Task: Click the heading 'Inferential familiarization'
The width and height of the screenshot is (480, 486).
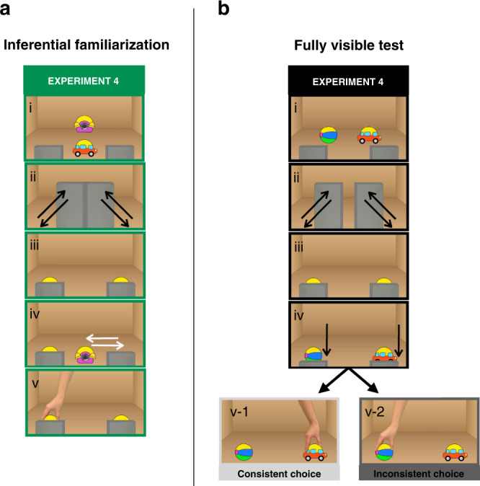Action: [86, 45]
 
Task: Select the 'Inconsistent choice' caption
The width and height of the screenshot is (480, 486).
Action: [419, 474]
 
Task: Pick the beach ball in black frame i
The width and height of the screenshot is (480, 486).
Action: [329, 135]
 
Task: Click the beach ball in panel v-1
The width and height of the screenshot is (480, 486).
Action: [245, 453]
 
